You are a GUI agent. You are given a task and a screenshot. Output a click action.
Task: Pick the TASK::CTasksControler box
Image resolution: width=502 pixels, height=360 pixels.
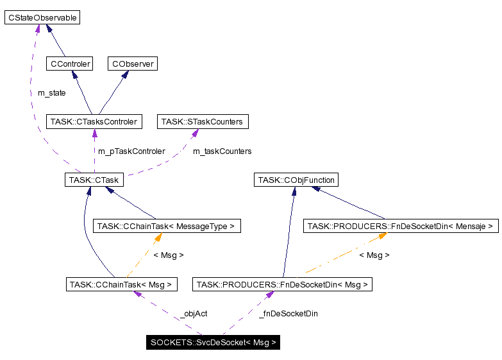tap(94, 121)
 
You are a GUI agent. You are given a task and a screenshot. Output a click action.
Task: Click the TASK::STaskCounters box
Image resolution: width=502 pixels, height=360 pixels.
tap(202, 121)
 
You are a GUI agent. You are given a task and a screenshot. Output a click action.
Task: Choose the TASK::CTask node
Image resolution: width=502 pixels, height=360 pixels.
tap(94, 180)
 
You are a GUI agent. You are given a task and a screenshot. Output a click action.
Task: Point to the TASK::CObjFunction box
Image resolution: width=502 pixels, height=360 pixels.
tap(296, 180)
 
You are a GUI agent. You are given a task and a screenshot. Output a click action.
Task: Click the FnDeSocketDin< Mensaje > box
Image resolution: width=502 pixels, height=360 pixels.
tap(401, 226)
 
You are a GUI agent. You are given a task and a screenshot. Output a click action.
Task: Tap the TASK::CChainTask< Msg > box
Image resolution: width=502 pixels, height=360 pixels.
tap(122, 284)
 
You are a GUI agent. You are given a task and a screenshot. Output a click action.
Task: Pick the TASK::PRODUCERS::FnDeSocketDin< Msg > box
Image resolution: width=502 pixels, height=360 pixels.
tap(283, 284)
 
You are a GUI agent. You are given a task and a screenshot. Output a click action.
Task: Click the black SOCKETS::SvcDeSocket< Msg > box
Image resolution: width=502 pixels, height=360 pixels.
tap(213, 342)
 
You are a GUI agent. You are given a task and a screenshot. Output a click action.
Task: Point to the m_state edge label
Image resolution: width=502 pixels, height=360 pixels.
tap(51, 93)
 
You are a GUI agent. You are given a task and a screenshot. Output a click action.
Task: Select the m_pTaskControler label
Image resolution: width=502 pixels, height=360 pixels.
tap(131, 151)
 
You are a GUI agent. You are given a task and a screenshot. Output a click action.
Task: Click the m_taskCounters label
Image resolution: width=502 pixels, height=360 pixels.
tap(222, 151)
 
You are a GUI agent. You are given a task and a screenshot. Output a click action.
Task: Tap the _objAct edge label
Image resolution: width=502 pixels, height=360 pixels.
tap(193, 314)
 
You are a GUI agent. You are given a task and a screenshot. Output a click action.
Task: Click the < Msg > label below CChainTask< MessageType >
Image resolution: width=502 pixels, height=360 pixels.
tap(168, 255)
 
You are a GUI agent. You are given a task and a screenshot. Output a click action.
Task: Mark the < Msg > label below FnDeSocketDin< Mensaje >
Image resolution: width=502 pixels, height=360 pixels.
tap(374, 255)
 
